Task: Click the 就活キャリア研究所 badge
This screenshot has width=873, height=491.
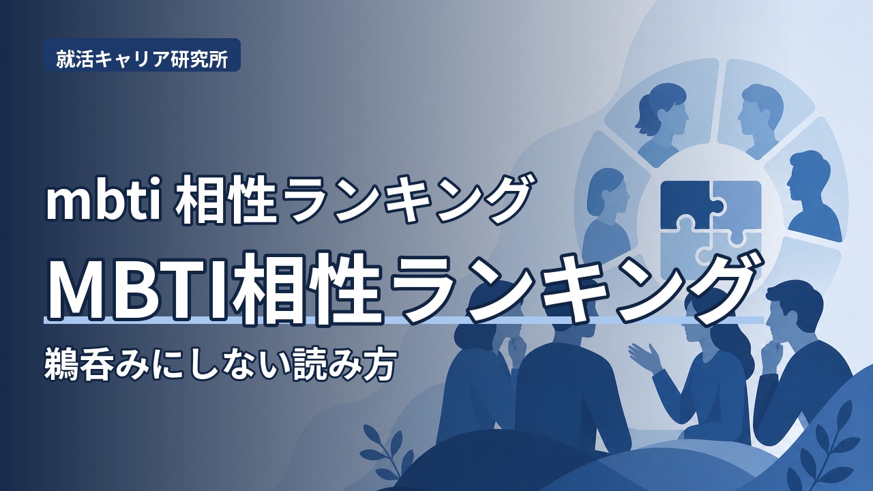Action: (142, 55)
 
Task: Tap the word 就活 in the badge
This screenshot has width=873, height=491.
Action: (69, 59)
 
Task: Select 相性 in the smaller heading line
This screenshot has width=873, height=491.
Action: (226, 199)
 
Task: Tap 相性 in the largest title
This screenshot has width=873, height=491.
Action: (307, 288)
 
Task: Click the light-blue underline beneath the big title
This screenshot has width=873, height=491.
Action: (403, 320)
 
